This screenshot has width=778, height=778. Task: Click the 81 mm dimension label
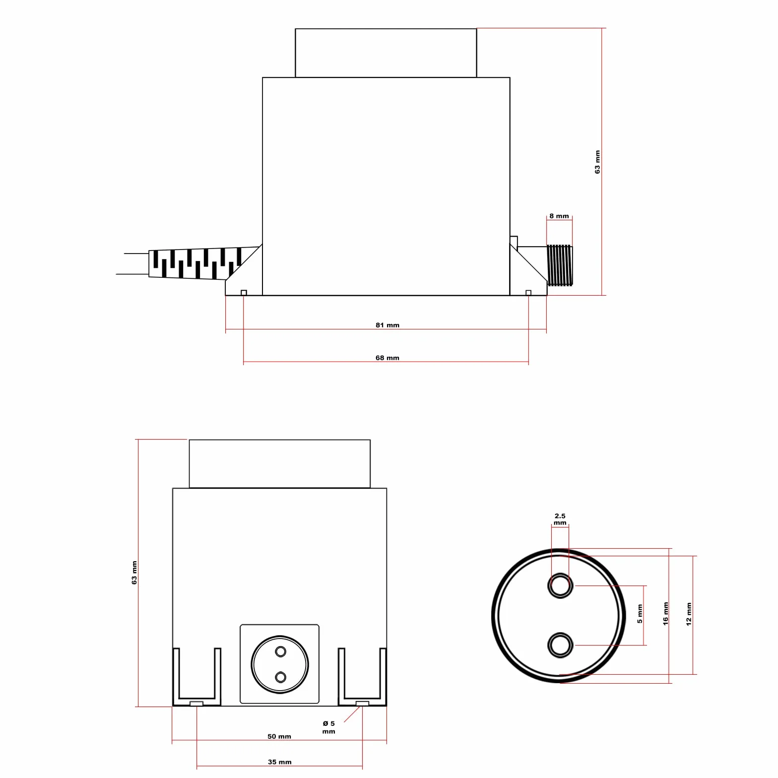tap(387, 325)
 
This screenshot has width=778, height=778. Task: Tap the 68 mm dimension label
tap(387, 358)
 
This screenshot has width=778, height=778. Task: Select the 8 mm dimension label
tap(559, 216)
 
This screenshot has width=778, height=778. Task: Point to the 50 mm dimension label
tap(279, 736)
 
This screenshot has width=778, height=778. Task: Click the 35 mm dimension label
tap(279, 762)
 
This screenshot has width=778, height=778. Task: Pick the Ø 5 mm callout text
tap(328, 727)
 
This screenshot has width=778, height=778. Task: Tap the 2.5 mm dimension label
tap(560, 519)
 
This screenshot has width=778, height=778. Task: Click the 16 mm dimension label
tap(666, 614)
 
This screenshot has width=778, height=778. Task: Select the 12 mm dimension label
tap(689, 614)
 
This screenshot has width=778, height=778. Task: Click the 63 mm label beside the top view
tap(597, 162)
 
